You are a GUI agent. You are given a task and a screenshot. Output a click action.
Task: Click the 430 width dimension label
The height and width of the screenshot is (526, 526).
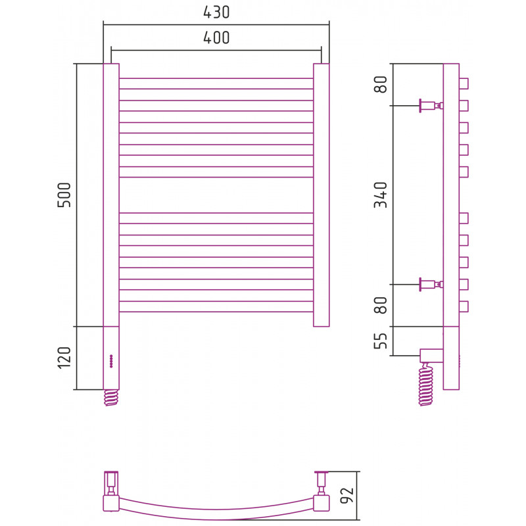click(x=216, y=12)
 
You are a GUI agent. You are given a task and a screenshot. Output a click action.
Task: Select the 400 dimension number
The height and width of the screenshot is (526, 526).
click(x=216, y=37)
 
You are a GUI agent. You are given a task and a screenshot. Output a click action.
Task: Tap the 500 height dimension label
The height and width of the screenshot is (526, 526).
click(x=64, y=195)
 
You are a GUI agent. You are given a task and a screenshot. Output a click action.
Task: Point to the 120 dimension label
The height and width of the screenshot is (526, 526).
click(x=64, y=358)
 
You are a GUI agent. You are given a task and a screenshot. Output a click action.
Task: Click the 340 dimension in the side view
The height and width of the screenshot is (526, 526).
click(x=381, y=195)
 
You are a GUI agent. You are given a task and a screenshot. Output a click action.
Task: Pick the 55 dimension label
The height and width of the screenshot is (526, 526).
click(x=381, y=341)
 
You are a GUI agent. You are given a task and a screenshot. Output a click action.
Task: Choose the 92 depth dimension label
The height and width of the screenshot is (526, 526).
click(x=347, y=495)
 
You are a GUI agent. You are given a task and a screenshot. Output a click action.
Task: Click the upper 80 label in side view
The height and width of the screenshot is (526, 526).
click(x=381, y=85)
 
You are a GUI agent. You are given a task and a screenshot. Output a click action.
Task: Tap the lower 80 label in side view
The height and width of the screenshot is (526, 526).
click(x=381, y=305)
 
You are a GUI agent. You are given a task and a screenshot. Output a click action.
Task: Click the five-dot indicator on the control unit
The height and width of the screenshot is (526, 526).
click(x=111, y=361)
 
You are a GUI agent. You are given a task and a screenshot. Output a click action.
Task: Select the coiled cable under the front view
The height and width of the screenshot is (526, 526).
click(x=111, y=398)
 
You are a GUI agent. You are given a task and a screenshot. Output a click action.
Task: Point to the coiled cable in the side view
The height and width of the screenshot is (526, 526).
click(x=426, y=385)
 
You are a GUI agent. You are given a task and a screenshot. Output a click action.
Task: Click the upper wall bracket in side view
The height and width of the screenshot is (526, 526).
click(x=431, y=106)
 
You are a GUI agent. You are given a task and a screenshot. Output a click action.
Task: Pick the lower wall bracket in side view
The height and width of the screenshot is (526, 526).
click(x=431, y=285)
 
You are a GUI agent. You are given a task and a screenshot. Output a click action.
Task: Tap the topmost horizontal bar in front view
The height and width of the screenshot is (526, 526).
click(x=216, y=84)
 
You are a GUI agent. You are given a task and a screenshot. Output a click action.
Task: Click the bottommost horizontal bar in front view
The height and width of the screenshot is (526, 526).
click(x=216, y=306)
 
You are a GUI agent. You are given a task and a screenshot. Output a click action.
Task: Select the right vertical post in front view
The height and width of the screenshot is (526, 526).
click(x=322, y=195)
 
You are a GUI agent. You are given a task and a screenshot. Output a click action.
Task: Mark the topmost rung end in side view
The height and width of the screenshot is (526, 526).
click(x=464, y=84)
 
